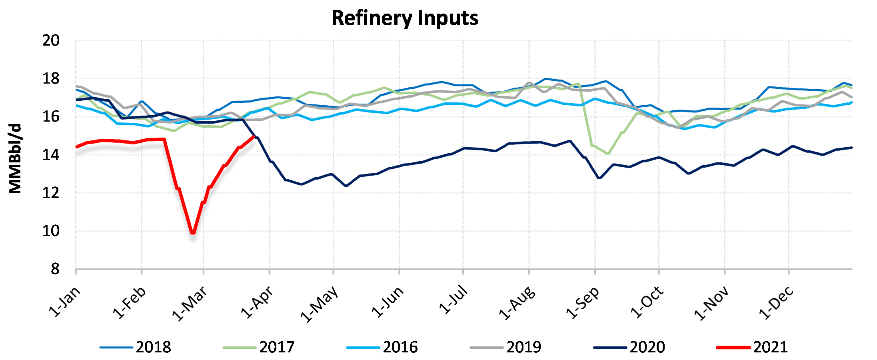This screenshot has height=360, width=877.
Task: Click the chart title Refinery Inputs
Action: click(x=405, y=18)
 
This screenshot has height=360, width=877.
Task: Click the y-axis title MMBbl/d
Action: click(x=15, y=159)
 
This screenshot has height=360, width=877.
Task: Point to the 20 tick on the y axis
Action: click(x=51, y=41)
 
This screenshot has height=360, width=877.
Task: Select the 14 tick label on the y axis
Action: click(x=51, y=155)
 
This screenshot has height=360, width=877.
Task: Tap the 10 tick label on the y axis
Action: click(x=51, y=231)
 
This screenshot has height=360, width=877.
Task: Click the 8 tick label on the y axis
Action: click(x=55, y=269)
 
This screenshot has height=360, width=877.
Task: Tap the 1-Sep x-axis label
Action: click(x=583, y=303)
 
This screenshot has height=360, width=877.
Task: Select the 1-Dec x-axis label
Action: click(x=776, y=303)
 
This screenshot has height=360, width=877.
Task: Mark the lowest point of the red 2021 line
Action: click(x=193, y=232)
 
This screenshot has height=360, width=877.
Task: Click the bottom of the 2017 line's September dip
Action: click(x=608, y=154)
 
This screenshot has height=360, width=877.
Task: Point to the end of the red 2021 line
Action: click(x=254, y=136)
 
